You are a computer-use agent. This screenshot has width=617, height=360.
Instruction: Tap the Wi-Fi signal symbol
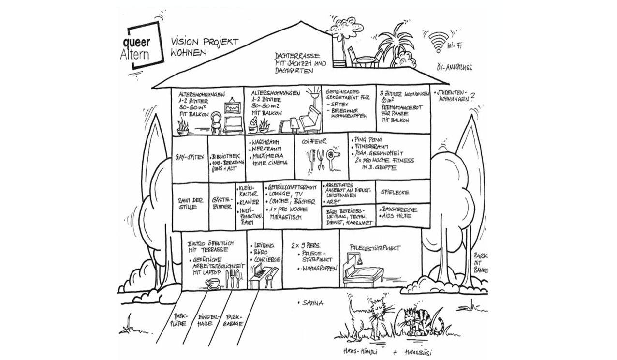pyautogui.click(x=439, y=42)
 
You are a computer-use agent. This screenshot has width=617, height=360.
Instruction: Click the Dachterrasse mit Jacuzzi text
pyautogui.click(x=300, y=63)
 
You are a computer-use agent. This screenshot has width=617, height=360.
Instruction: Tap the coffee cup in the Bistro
pyautogui.click(x=213, y=283)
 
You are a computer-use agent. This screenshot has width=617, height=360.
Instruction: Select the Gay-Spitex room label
pyautogui.click(x=189, y=158)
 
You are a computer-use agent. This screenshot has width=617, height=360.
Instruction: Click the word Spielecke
pyautogui.click(x=395, y=192)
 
